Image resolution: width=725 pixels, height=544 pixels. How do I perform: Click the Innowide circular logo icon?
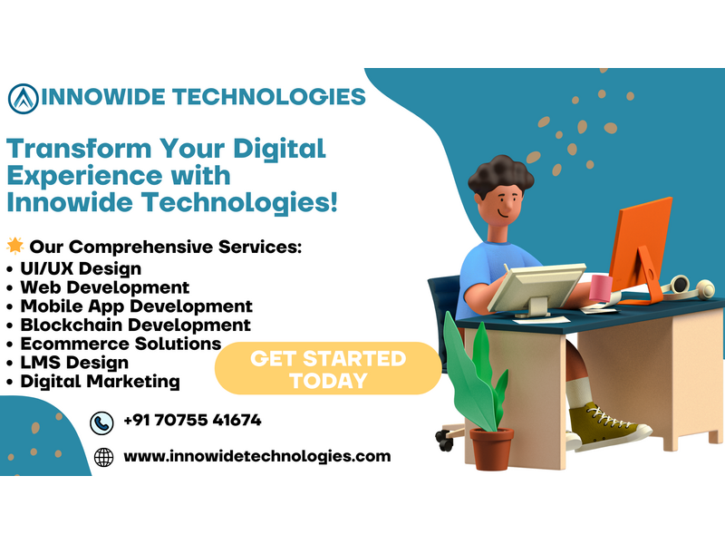coord(24,99)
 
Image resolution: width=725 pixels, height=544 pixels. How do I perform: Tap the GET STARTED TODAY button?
coord(328,369)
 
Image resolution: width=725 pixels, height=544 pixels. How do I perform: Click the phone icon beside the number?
coord(101,423)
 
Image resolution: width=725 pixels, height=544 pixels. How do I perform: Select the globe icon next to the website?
coord(103,457)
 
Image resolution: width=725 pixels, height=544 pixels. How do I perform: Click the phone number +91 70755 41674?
coord(192,420)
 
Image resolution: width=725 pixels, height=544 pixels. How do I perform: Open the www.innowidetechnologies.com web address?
coord(257,457)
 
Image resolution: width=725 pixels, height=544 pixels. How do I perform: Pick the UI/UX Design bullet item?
coord(81,268)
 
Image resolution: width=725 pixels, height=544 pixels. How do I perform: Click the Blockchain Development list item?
coord(135,325)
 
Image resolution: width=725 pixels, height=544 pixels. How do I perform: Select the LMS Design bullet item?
coord(74,363)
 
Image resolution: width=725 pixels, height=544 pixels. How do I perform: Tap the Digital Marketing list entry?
coord(100,382)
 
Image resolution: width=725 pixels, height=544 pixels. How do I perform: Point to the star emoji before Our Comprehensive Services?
coord(15,246)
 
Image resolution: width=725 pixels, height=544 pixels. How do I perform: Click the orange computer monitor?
coord(641,250)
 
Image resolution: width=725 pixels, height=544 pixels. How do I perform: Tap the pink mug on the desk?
coord(601,288)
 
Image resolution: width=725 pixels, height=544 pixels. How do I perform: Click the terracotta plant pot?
coord(491,448)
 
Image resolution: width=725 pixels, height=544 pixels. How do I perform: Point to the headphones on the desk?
coord(688,287)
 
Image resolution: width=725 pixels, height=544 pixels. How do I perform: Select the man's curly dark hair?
coord(501,175)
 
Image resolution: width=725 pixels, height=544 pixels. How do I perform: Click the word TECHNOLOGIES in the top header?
coord(268,97)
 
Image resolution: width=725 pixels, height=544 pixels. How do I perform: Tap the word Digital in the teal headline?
coord(279,150)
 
